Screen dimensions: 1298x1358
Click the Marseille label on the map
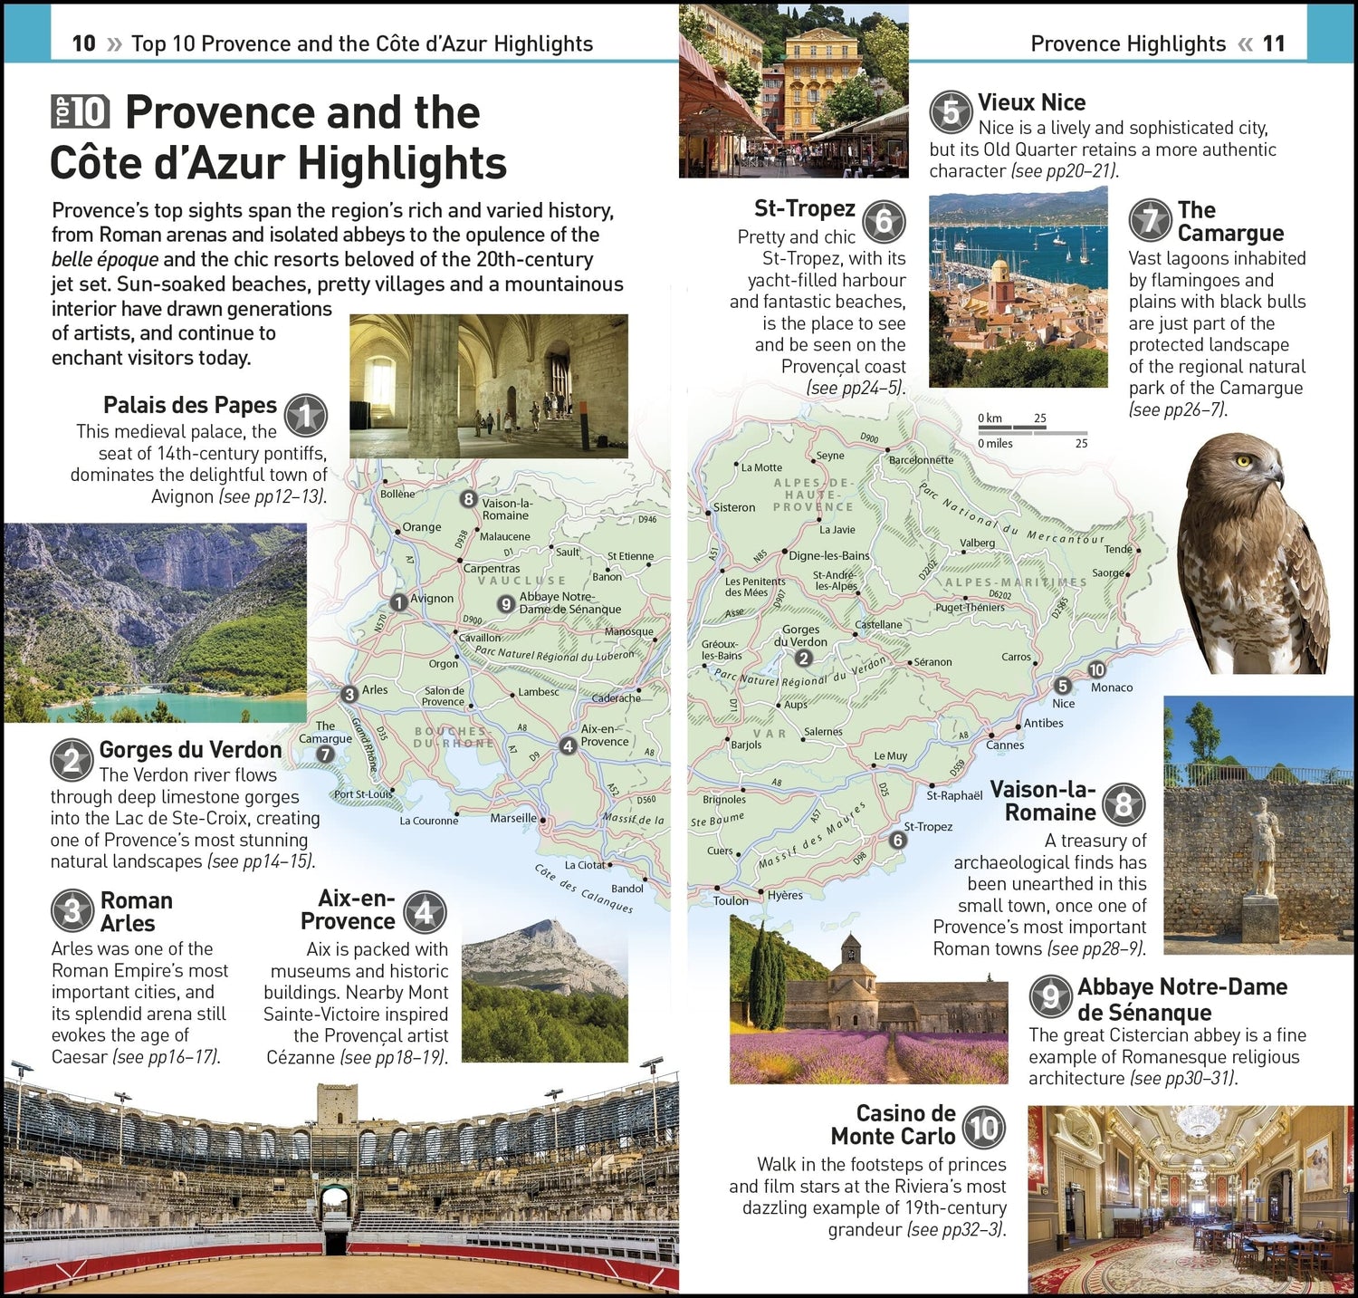[x=512, y=818]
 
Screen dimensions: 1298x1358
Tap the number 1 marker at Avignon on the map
[x=398, y=602]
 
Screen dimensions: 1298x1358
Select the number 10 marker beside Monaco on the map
[x=1096, y=669]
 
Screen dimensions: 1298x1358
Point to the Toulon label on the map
[x=731, y=900]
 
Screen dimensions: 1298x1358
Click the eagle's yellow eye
[x=1244, y=461]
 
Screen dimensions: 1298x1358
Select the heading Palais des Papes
[x=190, y=405]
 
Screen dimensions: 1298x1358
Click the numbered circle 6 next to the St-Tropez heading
[x=884, y=221]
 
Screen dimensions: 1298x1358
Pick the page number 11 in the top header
[x=1274, y=43]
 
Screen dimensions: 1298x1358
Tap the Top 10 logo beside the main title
[x=81, y=112]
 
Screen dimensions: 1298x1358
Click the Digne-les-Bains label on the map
[x=828, y=555]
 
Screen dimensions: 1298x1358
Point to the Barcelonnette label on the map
[x=921, y=459]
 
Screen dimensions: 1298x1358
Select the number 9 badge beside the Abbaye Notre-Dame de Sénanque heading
[x=1050, y=997]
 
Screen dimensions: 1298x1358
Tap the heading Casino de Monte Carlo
[x=893, y=1124]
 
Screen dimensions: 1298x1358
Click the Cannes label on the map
[x=1005, y=745]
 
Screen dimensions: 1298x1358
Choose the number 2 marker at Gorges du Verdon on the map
[x=803, y=659]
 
